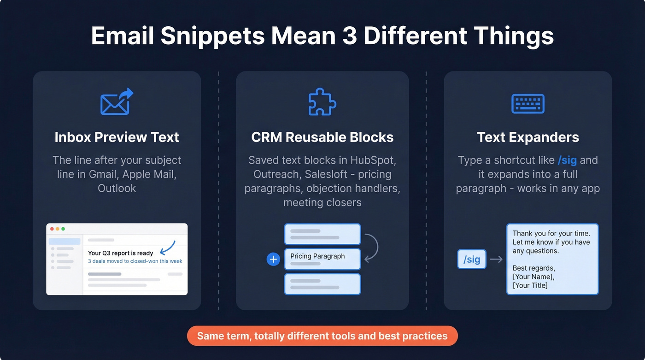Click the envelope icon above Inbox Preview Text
[x=116, y=102]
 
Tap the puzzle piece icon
[x=322, y=102]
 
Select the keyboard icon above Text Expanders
[x=528, y=104]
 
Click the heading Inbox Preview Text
[x=117, y=137]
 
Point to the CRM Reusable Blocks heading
[x=322, y=137]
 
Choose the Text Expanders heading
[x=528, y=137]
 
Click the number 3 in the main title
[x=350, y=36]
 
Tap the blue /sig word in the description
[x=567, y=160]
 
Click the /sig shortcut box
[x=471, y=260]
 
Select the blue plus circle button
[x=273, y=260]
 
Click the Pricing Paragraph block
[x=322, y=259]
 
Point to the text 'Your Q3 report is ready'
[x=121, y=253]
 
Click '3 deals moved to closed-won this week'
[x=135, y=261]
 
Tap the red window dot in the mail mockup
[x=52, y=229]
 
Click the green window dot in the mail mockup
[x=63, y=229]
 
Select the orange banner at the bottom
[x=322, y=336]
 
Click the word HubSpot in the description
[x=374, y=160]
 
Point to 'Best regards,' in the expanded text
[x=534, y=268]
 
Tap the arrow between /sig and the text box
[x=496, y=260]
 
